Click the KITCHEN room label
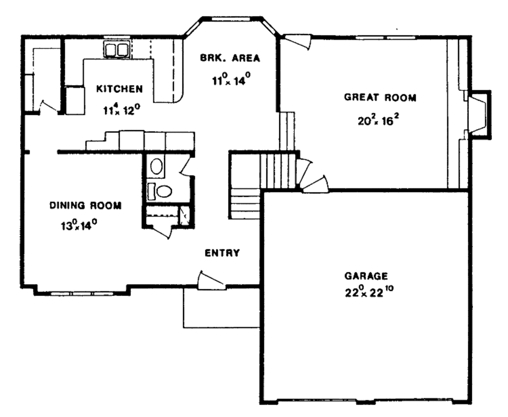click(119, 89)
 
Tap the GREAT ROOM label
click(380, 98)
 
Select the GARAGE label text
click(366, 276)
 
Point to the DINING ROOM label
click(85, 205)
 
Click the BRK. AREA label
click(230, 58)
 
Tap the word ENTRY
click(222, 253)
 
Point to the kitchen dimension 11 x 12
click(122, 110)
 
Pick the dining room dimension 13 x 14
click(78, 225)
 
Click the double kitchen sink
click(117, 50)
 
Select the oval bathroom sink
click(157, 166)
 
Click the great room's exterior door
click(298, 42)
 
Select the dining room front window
click(82, 293)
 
